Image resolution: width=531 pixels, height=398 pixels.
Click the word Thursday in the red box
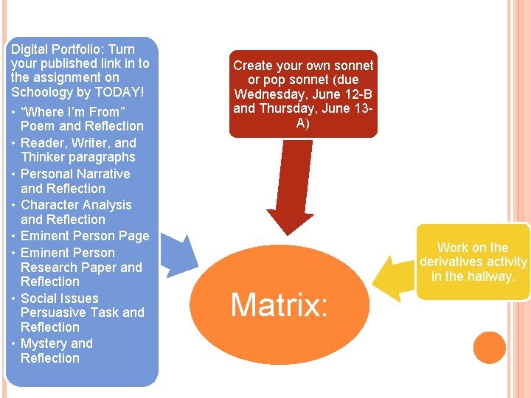click(x=285, y=109)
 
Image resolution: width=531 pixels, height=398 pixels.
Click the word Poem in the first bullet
click(x=37, y=126)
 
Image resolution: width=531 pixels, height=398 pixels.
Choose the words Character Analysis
click(x=76, y=205)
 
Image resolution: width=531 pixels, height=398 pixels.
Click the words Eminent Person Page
click(x=85, y=236)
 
